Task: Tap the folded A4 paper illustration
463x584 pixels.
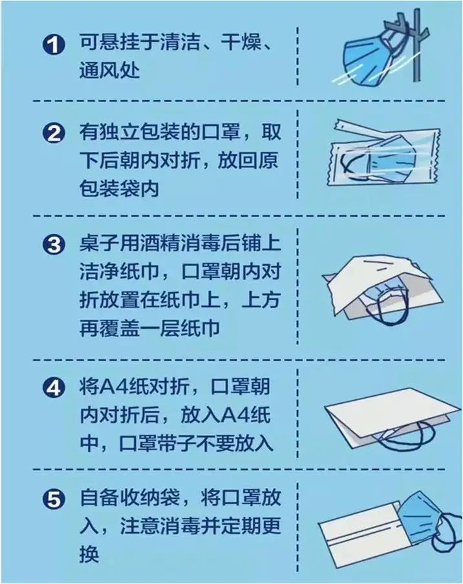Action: click(388, 413)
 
